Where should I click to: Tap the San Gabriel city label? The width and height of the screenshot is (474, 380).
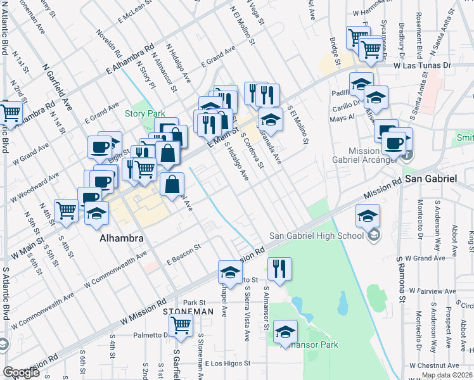tap(431, 179)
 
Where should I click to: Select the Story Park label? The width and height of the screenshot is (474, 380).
tap(144, 113)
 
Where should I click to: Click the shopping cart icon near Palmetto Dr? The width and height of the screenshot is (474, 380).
tap(182, 326)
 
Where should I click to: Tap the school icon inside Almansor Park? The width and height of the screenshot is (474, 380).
tap(286, 332)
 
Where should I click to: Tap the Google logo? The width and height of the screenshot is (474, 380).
tap(21, 372)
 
